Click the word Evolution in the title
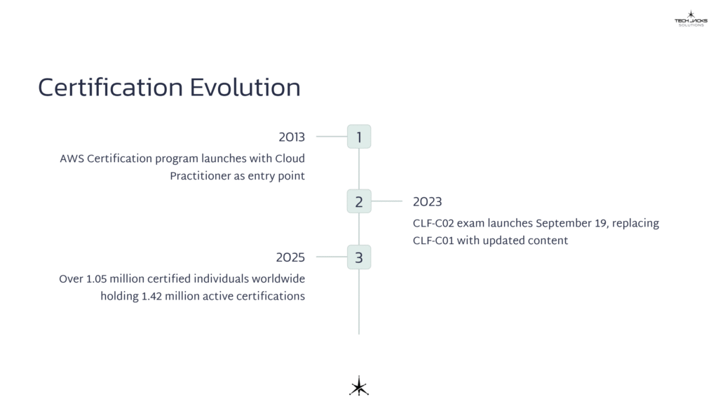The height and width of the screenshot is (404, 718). (x=245, y=88)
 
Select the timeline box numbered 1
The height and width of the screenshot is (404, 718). (x=359, y=137)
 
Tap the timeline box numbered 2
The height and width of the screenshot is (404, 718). (x=359, y=201)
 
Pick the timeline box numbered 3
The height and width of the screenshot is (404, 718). (x=359, y=257)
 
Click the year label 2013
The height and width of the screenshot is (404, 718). (x=292, y=137)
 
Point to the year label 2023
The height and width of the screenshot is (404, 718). (x=427, y=202)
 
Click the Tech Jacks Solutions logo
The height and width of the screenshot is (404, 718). (x=691, y=19)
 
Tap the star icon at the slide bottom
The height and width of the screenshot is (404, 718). (x=359, y=386)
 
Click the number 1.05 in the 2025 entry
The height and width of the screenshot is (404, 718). (x=97, y=279)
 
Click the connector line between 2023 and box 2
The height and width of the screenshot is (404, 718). (x=386, y=201)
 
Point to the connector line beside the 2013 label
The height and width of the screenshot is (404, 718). (x=331, y=137)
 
